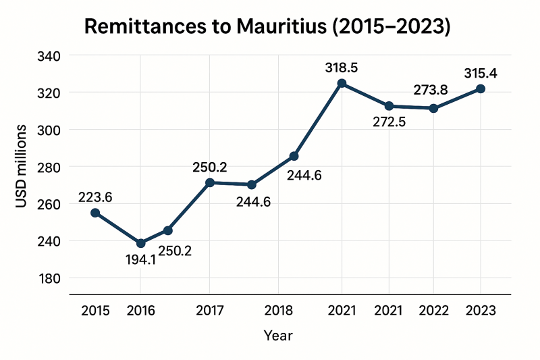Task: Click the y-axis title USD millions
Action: click(22, 166)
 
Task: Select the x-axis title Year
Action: click(278, 335)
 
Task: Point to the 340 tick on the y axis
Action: click(49, 55)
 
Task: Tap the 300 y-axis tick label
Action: click(49, 130)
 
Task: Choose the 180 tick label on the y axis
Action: click(49, 278)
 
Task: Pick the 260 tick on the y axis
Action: click(49, 204)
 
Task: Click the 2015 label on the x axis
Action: click(95, 311)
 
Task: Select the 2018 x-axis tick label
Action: click(278, 311)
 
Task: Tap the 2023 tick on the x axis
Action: click(480, 311)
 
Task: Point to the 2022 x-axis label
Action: click(434, 311)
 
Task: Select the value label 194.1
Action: click(140, 259)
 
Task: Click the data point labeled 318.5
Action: click(342, 84)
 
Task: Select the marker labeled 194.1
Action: click(140, 243)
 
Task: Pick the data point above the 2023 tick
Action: click(481, 89)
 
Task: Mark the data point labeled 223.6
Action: click(95, 213)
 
